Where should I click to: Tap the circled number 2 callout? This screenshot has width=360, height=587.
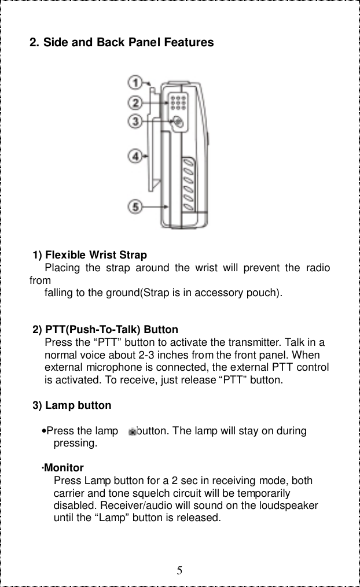click(135, 103)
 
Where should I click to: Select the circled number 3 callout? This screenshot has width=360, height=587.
click(135, 121)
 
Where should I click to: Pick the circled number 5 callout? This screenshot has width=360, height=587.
click(135, 206)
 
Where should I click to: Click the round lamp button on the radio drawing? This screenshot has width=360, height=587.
click(178, 122)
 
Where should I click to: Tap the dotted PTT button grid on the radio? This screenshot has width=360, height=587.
click(178, 103)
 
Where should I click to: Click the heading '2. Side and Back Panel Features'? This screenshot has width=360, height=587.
click(122, 42)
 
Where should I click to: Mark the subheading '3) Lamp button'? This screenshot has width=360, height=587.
click(72, 405)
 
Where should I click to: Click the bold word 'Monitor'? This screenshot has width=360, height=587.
click(64, 468)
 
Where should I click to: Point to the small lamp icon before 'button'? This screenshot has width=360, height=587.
click(133, 431)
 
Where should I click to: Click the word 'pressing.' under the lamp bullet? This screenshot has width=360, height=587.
click(75, 444)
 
